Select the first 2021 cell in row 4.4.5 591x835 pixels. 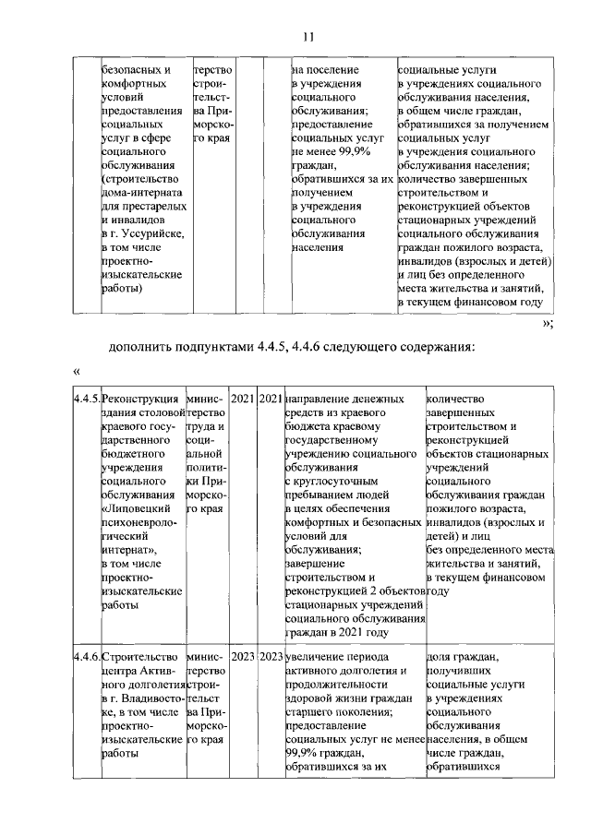tap(242, 399)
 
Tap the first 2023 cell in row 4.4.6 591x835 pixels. tap(242, 657)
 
